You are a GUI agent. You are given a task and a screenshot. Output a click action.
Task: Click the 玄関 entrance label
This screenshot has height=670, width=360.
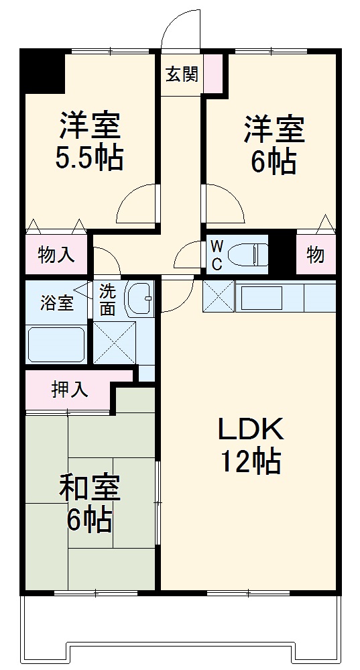point(182,74)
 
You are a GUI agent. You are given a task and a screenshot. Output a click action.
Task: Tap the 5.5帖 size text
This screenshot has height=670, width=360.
point(90,158)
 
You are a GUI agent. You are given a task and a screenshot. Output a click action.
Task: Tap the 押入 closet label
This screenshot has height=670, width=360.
point(70,390)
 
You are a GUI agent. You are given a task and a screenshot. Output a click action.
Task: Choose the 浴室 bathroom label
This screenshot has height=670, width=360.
point(56,302)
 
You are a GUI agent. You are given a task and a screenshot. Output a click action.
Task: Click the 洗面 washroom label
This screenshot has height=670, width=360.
point(108,300)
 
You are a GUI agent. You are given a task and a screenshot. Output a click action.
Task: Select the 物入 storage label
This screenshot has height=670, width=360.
point(56,256)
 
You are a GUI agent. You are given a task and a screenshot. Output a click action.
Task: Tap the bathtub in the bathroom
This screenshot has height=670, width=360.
point(56,345)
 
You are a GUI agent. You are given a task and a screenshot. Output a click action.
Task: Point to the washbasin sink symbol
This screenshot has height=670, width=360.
point(140,297)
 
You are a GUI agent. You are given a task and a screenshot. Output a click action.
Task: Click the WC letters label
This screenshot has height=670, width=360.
point(217,255)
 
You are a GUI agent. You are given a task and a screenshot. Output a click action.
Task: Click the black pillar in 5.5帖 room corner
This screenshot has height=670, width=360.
point(43,71)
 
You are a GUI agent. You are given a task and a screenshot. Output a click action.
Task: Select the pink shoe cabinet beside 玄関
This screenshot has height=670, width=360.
point(213,74)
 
